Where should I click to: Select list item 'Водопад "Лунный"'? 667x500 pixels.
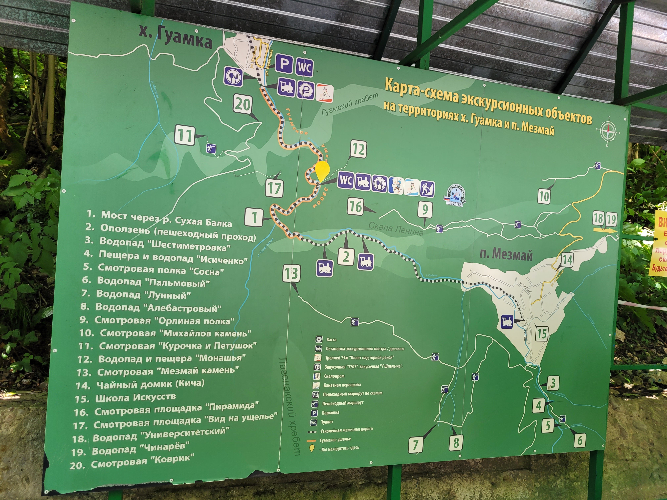(x=143, y=294)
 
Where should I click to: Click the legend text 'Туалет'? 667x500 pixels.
(x=327, y=422)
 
